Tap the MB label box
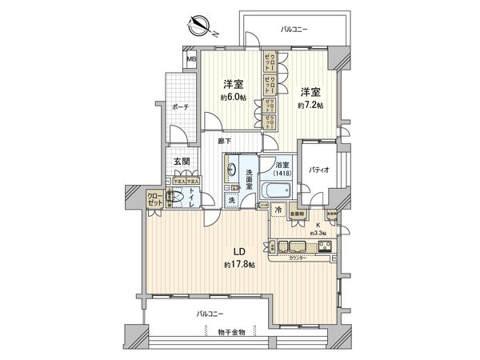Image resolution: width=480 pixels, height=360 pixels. (x=192, y=58)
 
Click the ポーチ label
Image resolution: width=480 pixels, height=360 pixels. (x=178, y=106)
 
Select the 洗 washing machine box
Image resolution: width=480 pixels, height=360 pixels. (x=231, y=201)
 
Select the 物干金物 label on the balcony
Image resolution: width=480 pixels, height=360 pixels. (x=233, y=331)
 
